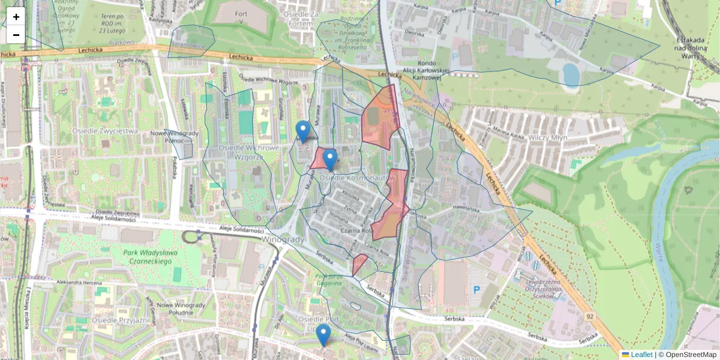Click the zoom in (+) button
pos(16,17)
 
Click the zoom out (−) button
pos(16,35)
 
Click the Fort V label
pos(241,18)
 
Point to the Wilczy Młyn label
pos(548,137)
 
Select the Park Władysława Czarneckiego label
pos(151,257)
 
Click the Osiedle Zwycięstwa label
pos(105,131)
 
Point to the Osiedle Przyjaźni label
pos(120,320)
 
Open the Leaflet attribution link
pos(637,355)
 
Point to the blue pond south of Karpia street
pos(571,76)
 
